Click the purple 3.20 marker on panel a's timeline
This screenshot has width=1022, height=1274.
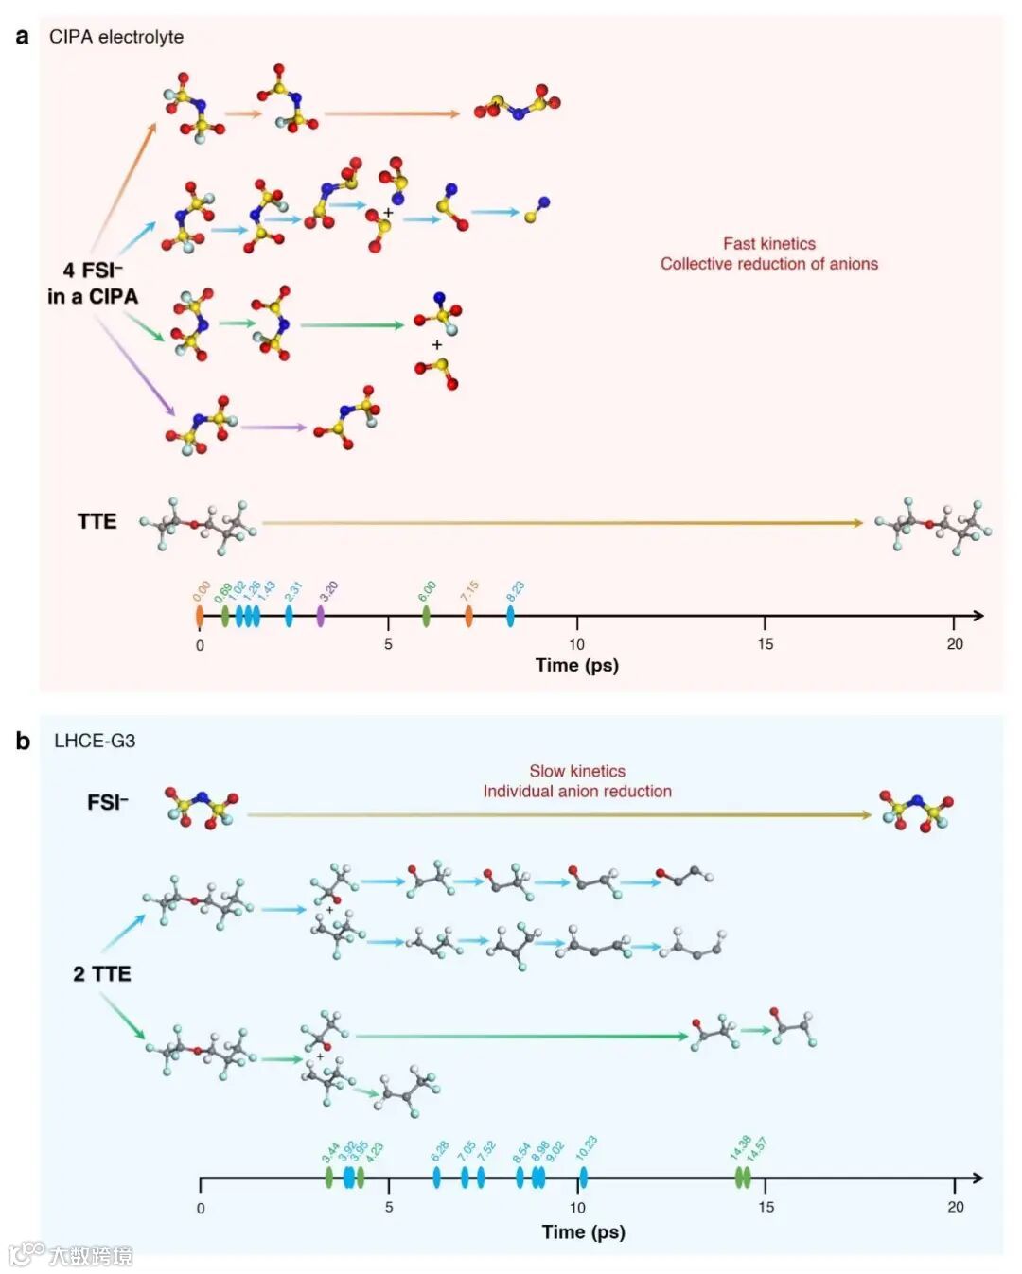coord(321,616)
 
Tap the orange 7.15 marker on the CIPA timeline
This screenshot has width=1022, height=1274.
coord(469,616)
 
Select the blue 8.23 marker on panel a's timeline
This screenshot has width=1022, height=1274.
coord(510,616)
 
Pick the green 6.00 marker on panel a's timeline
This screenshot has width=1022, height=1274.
coord(426,616)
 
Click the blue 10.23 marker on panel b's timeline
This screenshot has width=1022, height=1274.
coord(583,1178)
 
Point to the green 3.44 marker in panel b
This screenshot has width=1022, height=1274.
coord(329,1178)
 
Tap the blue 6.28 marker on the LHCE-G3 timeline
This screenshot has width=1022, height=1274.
coord(436,1178)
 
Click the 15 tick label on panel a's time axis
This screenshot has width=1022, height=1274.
coord(765,644)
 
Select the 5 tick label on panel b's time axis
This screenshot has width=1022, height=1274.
coord(389,1207)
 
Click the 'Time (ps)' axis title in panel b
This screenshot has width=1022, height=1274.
coord(583,1231)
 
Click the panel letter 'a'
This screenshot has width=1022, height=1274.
coord(23,37)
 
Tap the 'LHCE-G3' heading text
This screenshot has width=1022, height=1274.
coord(95,741)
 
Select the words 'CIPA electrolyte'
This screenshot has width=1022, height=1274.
coord(116,37)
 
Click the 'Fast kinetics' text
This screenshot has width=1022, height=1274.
coord(769,244)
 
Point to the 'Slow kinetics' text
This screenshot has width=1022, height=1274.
coord(577,771)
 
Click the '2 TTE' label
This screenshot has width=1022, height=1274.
coord(102,974)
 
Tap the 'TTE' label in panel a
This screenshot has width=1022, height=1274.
coord(97,521)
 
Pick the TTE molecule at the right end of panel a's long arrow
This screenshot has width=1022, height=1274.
coord(933,525)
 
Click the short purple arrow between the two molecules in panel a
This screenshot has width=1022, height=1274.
coord(273,428)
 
